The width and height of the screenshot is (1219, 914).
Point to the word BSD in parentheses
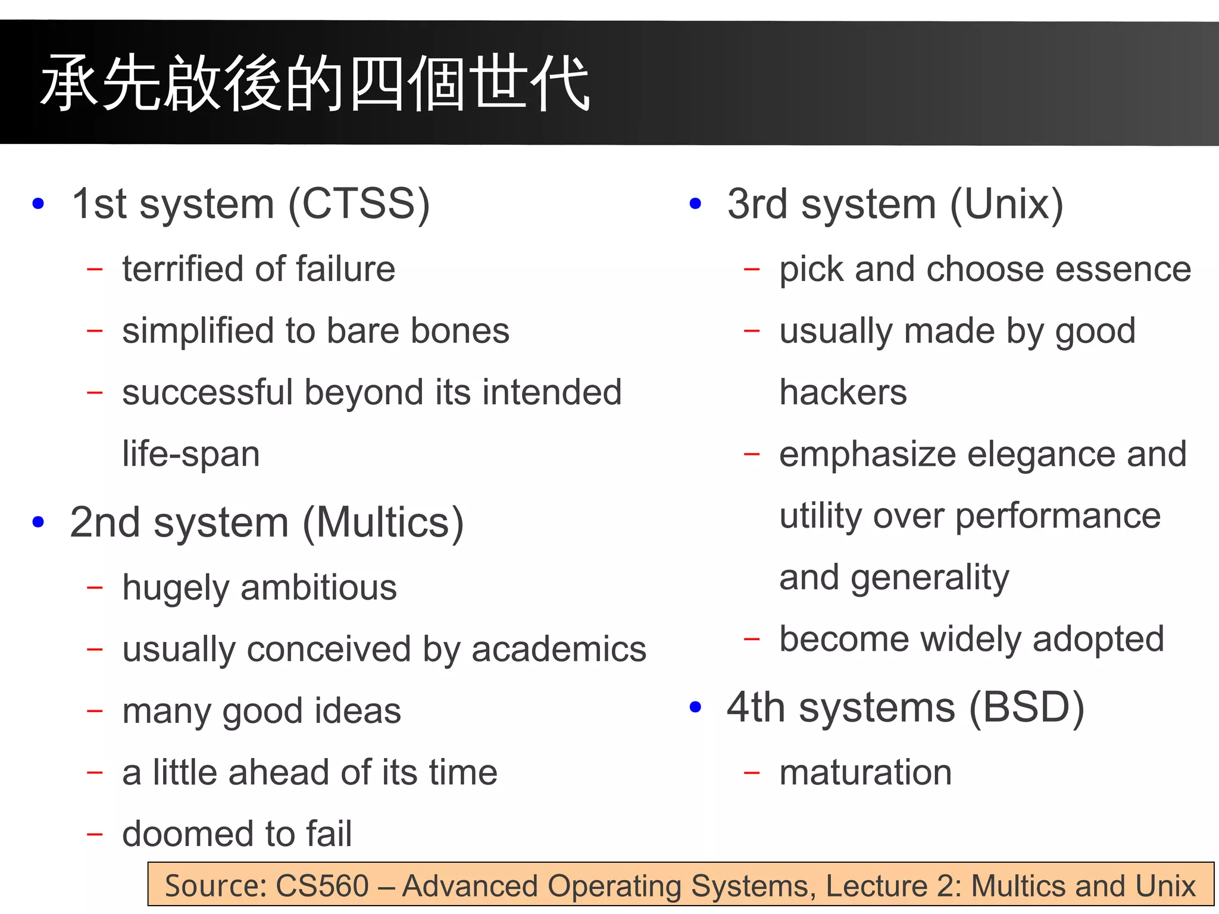[x=1027, y=707]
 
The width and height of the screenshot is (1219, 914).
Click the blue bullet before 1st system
[x=39, y=204]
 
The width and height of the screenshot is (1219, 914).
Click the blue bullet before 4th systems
[x=695, y=707]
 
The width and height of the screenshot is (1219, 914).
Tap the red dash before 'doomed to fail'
[x=95, y=834]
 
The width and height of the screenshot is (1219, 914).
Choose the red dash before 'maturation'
[x=752, y=773]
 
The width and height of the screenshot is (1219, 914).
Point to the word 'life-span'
[x=191, y=454]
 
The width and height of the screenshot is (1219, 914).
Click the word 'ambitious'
[x=318, y=588]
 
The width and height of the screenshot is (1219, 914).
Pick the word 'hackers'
[x=843, y=392]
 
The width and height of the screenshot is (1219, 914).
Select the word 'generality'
[x=930, y=578]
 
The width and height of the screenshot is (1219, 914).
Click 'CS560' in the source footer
[x=322, y=885]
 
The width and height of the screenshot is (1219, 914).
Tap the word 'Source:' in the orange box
[x=216, y=885]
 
